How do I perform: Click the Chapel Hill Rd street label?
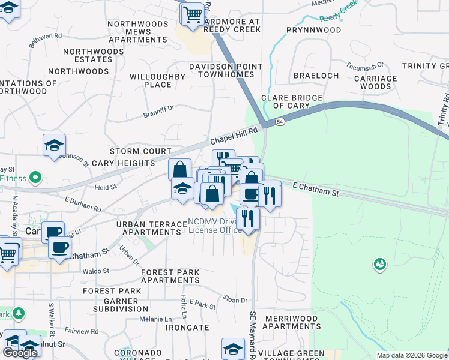234,135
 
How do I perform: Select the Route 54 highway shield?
280,122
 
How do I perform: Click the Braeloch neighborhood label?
316,76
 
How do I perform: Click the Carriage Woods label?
376,82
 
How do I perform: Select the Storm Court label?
140,151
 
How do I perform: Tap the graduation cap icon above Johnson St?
54,145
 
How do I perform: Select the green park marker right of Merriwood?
379,263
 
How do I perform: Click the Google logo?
20,353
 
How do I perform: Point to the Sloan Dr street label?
235,300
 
